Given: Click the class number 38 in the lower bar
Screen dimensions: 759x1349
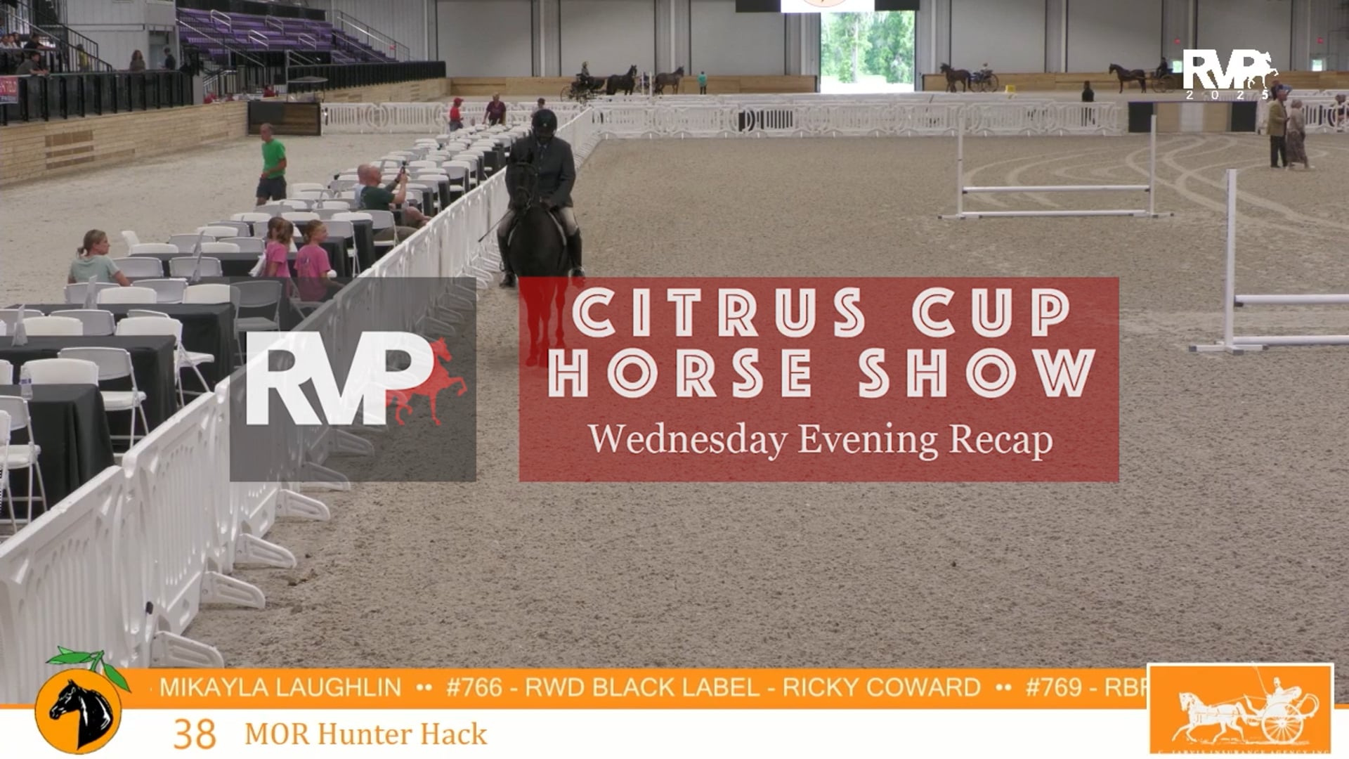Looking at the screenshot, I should pos(195,734).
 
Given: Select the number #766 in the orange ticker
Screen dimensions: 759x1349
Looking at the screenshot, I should pos(474,687).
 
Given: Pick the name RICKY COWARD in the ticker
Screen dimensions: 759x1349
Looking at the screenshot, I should pos(881,687).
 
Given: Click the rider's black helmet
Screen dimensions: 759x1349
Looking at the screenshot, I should pos(544,122).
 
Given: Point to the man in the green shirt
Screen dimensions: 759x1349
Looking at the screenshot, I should pos(272,163).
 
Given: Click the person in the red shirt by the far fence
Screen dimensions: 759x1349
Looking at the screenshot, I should pos(456,114).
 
